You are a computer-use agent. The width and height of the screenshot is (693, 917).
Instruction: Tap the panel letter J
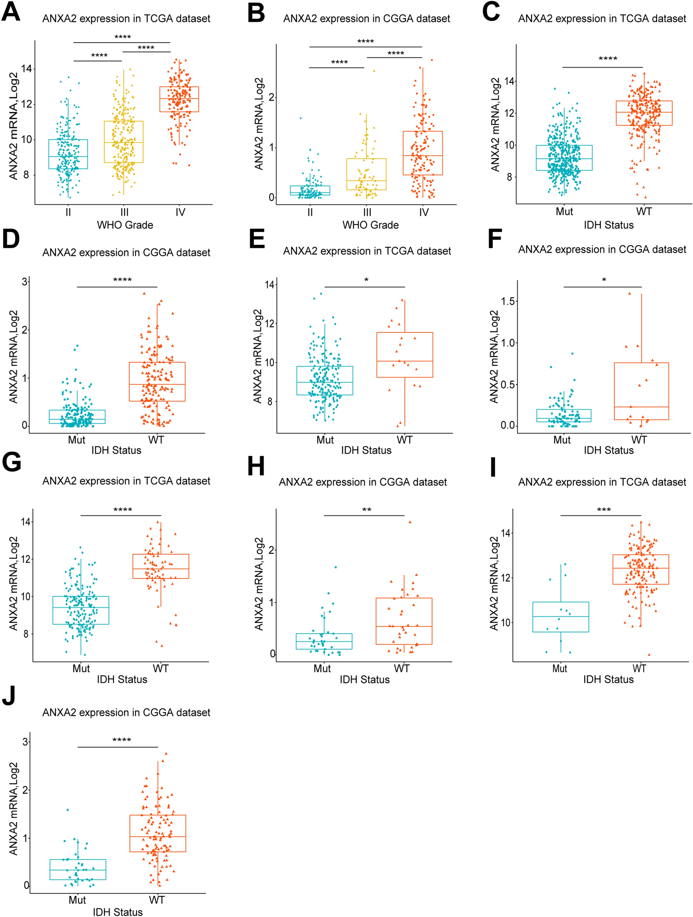click(x=9, y=695)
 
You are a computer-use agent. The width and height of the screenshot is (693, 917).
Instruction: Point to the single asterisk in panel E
click(x=366, y=281)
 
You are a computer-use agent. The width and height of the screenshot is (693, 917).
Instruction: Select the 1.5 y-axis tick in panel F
click(x=508, y=301)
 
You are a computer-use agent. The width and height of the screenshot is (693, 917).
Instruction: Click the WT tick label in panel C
click(x=644, y=212)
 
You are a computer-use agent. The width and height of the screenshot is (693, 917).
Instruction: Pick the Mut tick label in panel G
click(x=81, y=668)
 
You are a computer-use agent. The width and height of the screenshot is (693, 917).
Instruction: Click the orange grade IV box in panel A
click(x=179, y=99)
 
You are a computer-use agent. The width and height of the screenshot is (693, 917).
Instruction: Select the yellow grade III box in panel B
click(x=367, y=174)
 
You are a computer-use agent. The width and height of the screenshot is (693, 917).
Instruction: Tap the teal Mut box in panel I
click(x=560, y=617)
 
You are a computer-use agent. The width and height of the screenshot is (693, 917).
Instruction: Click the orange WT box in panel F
click(x=641, y=391)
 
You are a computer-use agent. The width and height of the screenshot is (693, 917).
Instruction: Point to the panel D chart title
click(x=126, y=252)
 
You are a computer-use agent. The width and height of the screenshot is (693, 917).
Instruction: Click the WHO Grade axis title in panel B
click(x=370, y=225)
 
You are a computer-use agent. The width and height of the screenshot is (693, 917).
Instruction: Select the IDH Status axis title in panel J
click(x=118, y=912)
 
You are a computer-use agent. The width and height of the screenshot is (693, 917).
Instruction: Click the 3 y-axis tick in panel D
click(x=24, y=282)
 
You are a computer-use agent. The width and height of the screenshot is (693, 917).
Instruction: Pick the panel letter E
click(x=257, y=239)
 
